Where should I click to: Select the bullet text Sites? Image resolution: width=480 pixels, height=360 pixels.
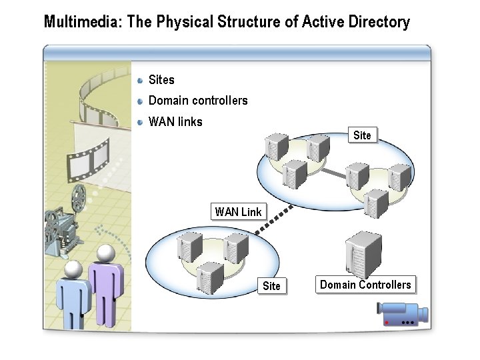click(x=161, y=80)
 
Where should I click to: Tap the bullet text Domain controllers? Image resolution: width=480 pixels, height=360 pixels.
click(x=198, y=101)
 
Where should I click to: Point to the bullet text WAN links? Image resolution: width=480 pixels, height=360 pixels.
click(x=175, y=121)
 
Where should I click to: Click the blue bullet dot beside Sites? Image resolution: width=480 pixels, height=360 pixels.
click(x=140, y=80)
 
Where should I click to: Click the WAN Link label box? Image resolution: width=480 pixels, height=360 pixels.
click(x=239, y=212)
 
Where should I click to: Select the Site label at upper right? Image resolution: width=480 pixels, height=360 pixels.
click(x=362, y=135)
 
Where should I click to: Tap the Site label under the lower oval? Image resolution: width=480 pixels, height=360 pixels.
click(x=271, y=286)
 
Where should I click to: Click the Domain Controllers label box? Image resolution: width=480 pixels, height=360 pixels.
click(x=365, y=285)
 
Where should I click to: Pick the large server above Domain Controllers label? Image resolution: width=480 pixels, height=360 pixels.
click(x=363, y=254)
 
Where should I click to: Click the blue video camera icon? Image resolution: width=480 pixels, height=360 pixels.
click(x=401, y=313)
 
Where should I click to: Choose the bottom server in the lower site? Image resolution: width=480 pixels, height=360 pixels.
click(x=210, y=277)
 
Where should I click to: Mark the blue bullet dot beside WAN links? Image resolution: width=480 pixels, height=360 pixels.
click(x=140, y=121)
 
